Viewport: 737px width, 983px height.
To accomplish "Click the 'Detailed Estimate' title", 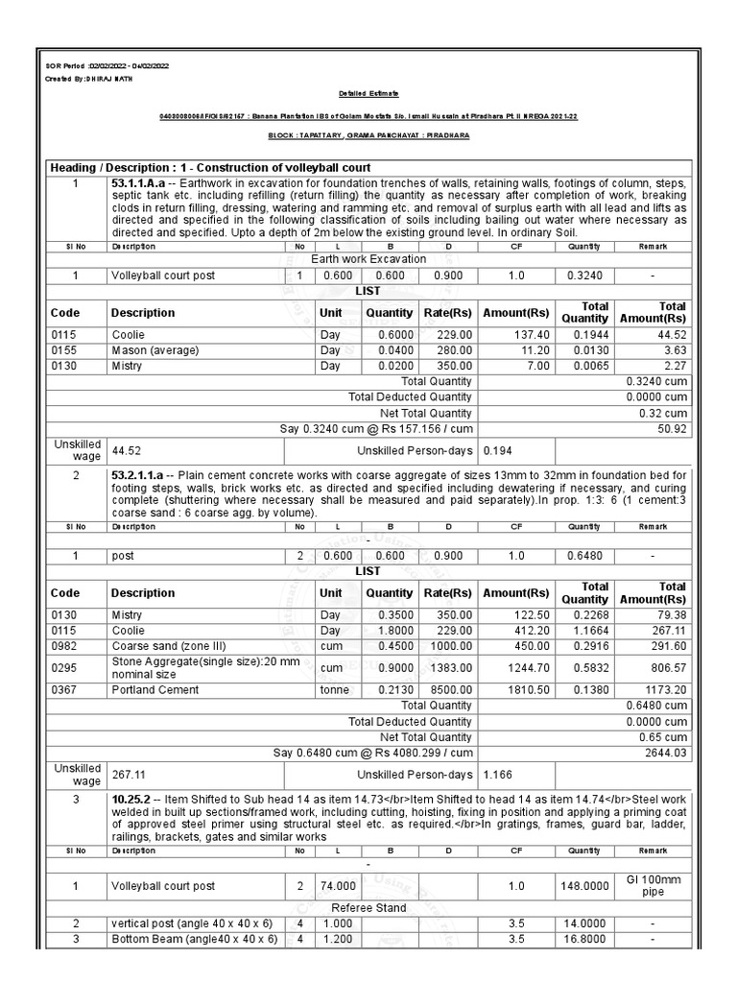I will point(368,93).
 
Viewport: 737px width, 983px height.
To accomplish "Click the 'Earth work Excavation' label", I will point(368,259).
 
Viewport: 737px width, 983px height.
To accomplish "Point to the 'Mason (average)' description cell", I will point(155,350).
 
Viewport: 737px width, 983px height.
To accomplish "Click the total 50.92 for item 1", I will point(672,429).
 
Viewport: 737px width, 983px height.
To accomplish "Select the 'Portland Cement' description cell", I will point(155,689).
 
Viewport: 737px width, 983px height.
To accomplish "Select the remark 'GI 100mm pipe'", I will point(653,885).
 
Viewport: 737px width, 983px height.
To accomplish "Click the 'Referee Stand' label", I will point(368,907).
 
